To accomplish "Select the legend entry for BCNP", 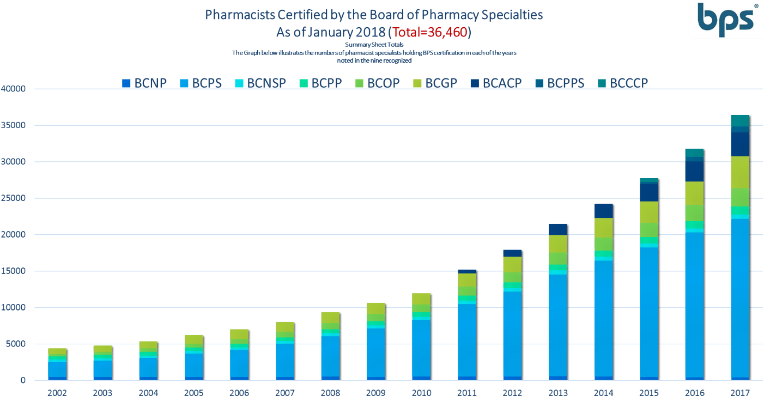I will pyautogui.click(x=144, y=83).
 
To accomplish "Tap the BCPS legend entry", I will pyautogui.click(x=201, y=83).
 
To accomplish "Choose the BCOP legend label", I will pyautogui.click(x=377, y=83).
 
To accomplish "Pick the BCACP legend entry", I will pyautogui.click(x=496, y=83).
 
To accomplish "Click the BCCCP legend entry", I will pyautogui.click(x=623, y=83).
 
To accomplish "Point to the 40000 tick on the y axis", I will pyautogui.click(x=14, y=89).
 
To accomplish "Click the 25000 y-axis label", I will pyautogui.click(x=14, y=198).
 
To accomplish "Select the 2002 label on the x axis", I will pyautogui.click(x=57, y=392).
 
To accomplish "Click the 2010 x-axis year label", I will pyautogui.click(x=421, y=392).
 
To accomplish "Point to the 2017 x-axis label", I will pyautogui.click(x=739, y=392).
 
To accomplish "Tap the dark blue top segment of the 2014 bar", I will pyautogui.click(x=603, y=211).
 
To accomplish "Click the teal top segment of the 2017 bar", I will pyautogui.click(x=739, y=120).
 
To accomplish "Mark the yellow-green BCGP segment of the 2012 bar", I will pyautogui.click(x=512, y=264).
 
